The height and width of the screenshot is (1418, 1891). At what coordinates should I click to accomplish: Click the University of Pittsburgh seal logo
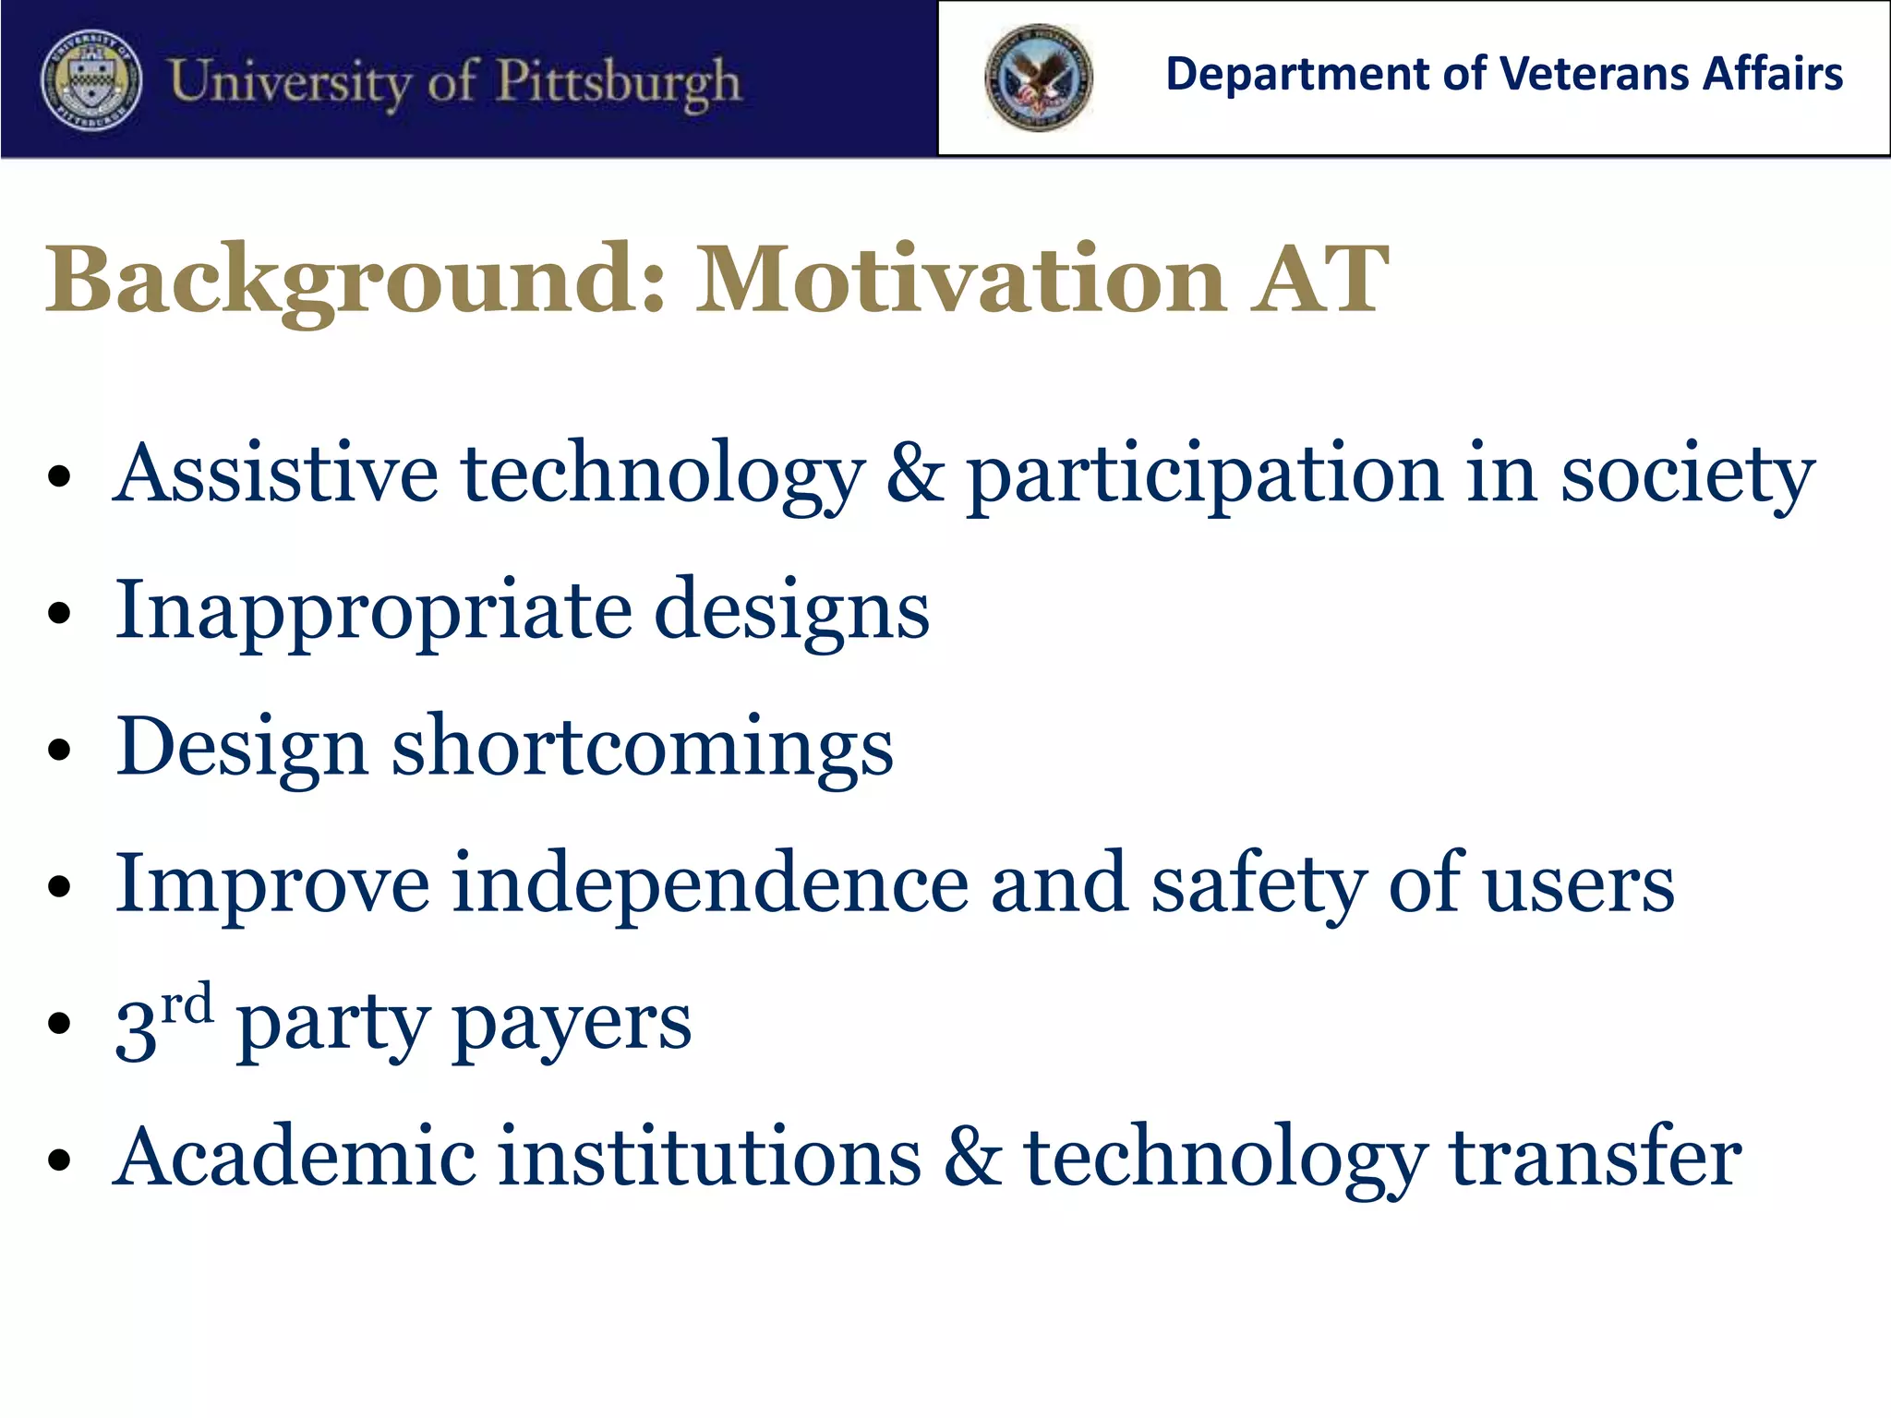(x=91, y=80)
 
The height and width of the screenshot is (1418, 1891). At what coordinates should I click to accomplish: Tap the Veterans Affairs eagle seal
(x=1038, y=78)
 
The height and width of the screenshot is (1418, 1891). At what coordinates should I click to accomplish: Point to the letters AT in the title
(x=1320, y=278)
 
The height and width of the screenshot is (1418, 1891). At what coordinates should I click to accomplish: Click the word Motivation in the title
(x=960, y=278)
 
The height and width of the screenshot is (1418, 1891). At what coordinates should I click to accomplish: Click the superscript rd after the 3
(x=187, y=1003)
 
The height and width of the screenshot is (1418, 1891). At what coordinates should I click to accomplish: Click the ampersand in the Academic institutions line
(x=973, y=1158)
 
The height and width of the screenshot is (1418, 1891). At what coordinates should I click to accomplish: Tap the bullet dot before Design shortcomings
(x=59, y=750)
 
